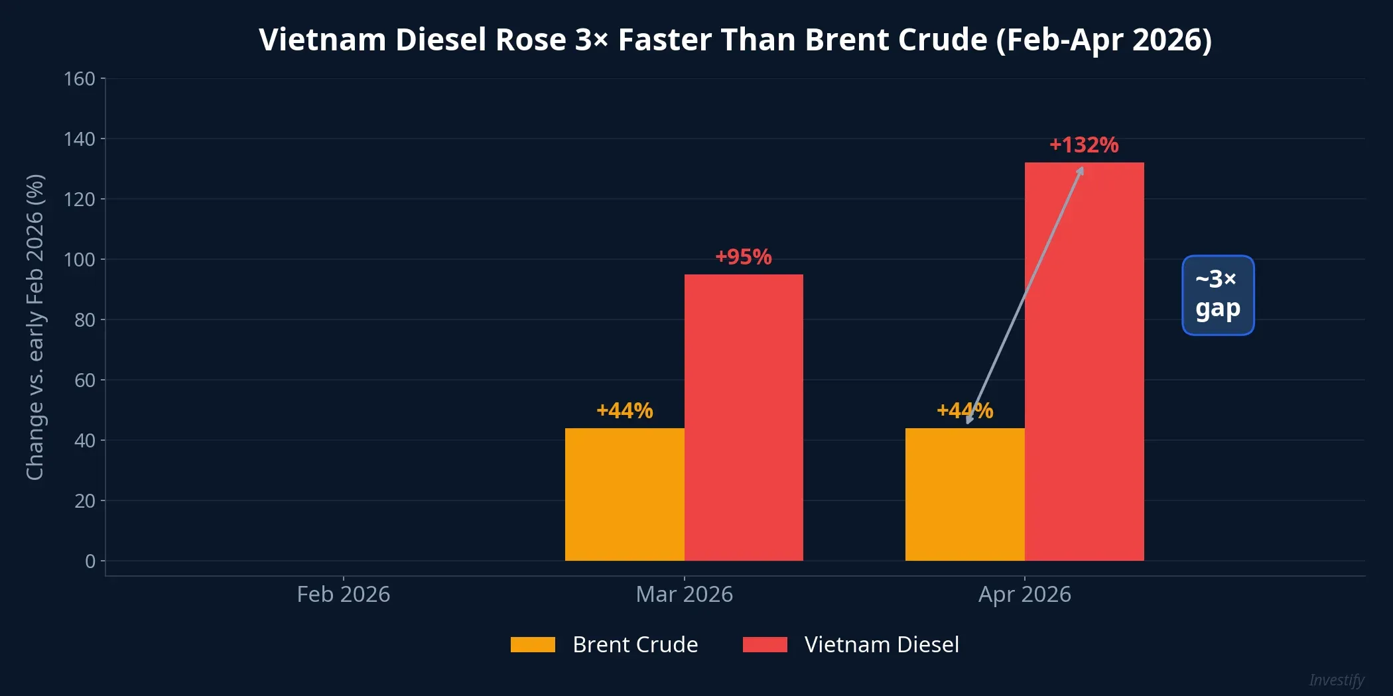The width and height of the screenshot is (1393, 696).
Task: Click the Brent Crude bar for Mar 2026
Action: pos(624,494)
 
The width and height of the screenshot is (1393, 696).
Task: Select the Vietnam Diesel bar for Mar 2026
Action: pos(744,418)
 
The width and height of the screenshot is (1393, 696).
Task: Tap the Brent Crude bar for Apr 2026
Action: pos(964,494)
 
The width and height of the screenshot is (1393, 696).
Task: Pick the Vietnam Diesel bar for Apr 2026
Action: pos(1084,361)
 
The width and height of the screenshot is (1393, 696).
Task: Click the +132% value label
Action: pos(1084,145)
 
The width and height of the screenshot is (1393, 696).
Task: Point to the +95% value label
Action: pos(744,257)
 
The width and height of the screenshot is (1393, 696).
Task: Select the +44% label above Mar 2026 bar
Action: pos(624,410)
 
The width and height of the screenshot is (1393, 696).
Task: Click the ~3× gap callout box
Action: pos(1218,295)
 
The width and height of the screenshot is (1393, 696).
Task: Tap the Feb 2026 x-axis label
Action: pos(343,594)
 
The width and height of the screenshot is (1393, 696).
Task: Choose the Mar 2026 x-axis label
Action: pos(684,594)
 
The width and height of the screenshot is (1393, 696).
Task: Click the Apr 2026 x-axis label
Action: pos(1024,594)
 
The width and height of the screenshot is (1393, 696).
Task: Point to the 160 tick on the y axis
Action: pos(80,79)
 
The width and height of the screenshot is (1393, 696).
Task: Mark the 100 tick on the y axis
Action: pos(80,259)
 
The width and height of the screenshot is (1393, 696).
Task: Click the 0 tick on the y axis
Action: pos(90,561)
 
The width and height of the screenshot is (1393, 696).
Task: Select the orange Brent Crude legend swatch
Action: pos(533,644)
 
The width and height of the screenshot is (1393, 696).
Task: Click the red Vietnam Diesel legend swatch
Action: pos(765,644)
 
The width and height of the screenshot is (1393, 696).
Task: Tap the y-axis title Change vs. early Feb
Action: pos(34,327)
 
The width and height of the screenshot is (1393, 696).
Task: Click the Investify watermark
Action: pos(1336,680)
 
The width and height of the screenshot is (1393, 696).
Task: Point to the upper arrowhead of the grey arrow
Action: pos(1081,170)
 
